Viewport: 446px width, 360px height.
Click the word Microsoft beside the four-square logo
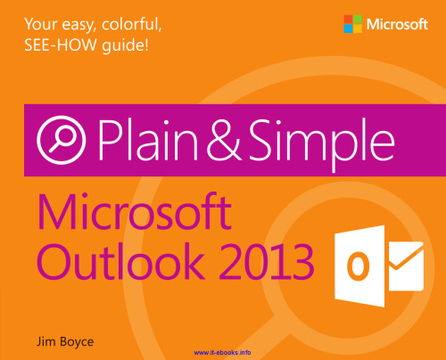click(400, 20)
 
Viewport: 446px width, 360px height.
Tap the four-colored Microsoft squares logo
click(350, 20)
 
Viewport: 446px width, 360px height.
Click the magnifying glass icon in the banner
click(56, 141)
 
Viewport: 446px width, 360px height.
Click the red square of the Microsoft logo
click(345, 15)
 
